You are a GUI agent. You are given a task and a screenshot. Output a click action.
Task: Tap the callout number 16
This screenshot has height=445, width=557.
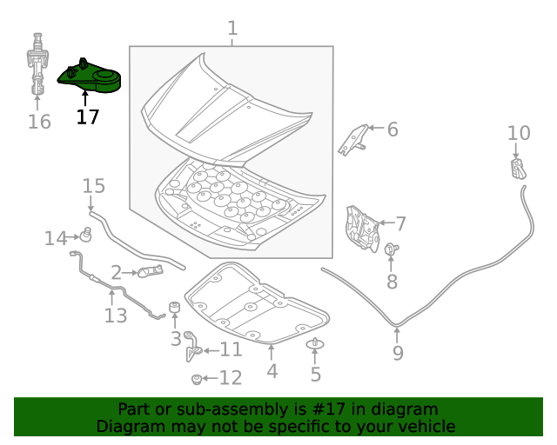pyautogui.click(x=39, y=122)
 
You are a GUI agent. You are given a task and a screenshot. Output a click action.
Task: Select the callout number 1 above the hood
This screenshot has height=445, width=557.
pyautogui.click(x=232, y=30)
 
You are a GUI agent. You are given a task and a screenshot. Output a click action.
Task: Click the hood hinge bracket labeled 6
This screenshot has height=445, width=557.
pyautogui.click(x=353, y=139)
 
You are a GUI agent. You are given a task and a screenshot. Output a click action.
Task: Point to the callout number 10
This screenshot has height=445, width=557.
pyautogui.click(x=519, y=133)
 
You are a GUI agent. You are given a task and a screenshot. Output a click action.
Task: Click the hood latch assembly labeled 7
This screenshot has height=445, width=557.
pyautogui.click(x=359, y=228)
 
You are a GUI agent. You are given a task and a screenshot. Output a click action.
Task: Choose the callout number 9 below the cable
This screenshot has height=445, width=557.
pyautogui.click(x=398, y=353)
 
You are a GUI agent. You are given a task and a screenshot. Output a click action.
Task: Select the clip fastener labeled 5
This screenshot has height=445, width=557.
pyautogui.click(x=314, y=345)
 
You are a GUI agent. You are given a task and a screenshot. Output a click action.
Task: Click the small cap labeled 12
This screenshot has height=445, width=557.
pyautogui.click(x=197, y=379)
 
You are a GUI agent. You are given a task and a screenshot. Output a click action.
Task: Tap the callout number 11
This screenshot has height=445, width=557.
pyautogui.click(x=231, y=350)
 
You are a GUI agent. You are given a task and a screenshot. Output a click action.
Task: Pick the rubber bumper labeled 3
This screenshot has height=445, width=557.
pyautogui.click(x=174, y=310)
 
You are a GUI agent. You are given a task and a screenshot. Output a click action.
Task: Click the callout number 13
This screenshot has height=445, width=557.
pyautogui.click(x=116, y=315)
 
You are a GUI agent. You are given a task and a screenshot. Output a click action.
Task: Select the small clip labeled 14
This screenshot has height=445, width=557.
pyautogui.click(x=87, y=235)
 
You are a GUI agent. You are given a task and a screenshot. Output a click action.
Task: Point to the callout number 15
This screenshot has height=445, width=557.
pyautogui.click(x=93, y=186)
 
